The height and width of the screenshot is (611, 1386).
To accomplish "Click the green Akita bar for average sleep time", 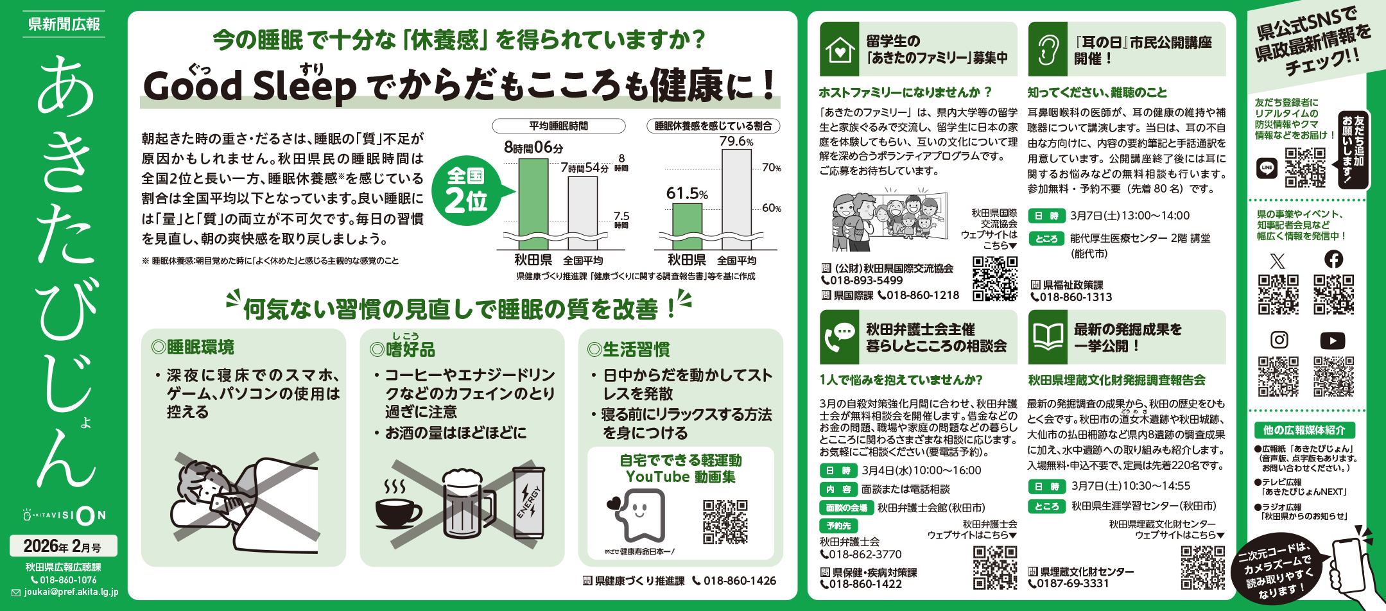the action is pos(533,198).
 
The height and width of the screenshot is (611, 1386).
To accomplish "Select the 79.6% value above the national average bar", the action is pos(736,141).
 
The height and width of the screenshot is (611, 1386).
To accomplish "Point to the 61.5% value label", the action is pos(686,193).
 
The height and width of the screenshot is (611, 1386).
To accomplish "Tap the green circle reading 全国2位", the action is pos(467,191).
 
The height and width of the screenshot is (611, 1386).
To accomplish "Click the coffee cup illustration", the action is pos(399,507).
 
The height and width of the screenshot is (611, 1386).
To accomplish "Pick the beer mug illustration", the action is pos(467,504).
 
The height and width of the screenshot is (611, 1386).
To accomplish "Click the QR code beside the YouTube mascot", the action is pos(725,522).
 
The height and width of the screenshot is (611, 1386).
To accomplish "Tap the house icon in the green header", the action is pos(839,49).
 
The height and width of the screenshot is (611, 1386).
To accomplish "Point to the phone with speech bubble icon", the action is pos(839,337).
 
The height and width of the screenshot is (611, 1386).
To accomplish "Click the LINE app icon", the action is pos(1267,168).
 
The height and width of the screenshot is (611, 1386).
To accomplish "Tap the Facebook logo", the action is pos(1333,259).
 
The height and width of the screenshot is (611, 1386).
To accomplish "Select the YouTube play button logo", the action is pos(1333,340).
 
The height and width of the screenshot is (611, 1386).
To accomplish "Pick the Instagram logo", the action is pos(1279,340).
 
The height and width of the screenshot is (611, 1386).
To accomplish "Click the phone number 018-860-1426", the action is pos(740,581).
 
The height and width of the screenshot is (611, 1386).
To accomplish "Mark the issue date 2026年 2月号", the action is pos(63,546).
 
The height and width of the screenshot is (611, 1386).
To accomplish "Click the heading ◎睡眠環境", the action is pos(193,347).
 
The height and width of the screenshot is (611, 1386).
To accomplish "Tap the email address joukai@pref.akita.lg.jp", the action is pos(71,592).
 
